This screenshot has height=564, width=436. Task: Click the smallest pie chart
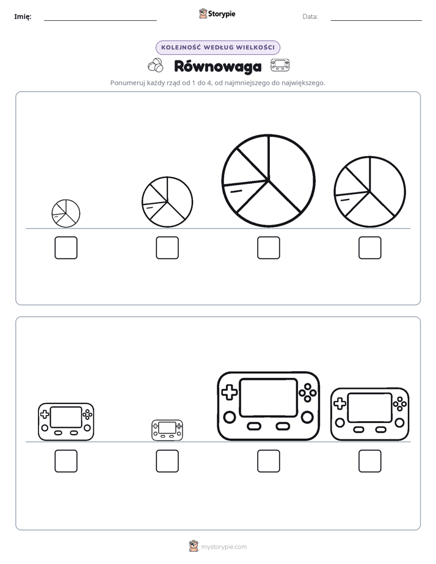point(66,214)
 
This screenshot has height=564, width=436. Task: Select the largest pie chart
point(268,181)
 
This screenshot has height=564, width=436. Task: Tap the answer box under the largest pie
point(268,248)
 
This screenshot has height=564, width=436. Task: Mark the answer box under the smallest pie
point(66,248)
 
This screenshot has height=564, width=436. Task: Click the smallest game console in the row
point(167,430)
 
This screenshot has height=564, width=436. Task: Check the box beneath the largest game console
point(268,461)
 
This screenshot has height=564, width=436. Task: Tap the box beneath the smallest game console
point(167,461)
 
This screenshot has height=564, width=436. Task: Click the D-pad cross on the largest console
point(229,392)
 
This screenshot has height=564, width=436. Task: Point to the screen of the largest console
point(269,397)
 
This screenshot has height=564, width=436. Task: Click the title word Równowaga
point(217,67)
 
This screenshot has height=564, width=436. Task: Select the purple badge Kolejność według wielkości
point(217,48)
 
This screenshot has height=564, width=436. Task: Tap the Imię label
point(23,16)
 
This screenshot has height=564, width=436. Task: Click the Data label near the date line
point(310,16)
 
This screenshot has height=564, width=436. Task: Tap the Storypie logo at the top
point(217,13)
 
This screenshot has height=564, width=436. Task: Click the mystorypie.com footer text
point(223,547)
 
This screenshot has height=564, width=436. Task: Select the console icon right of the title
point(280,65)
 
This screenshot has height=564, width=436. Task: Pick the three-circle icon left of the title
point(156,65)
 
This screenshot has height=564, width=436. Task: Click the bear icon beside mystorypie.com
point(194,546)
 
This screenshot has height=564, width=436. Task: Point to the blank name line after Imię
point(100,20)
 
